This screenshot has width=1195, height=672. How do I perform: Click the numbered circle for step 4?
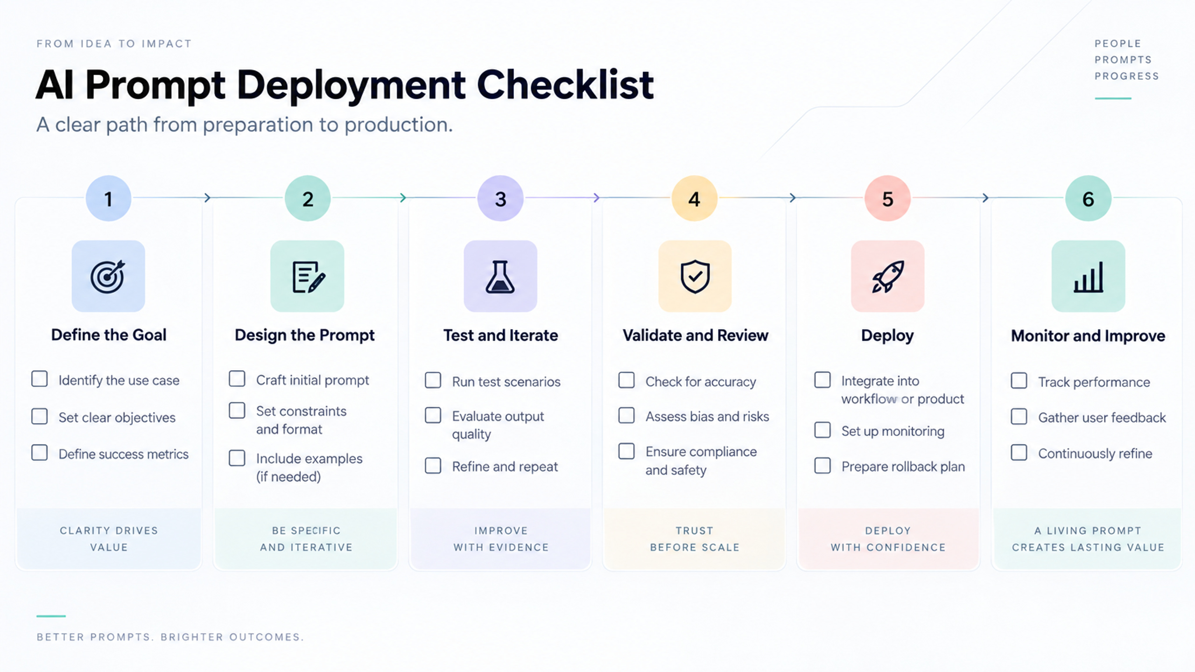pos(694,198)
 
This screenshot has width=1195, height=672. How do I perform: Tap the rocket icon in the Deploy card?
pos(888,277)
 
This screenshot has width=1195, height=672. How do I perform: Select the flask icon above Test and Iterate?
pos(500,277)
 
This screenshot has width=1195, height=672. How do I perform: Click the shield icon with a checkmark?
pos(695,276)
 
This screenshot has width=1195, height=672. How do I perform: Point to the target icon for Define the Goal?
pos(108,276)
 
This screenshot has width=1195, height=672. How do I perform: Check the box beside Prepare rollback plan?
pos(822,466)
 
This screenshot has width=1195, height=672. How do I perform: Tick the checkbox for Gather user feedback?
pos(1019,416)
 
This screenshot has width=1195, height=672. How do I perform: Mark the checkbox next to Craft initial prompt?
pos(237,378)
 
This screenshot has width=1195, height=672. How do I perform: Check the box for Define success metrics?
pos(40,453)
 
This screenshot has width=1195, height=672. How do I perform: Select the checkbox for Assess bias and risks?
pos(626,415)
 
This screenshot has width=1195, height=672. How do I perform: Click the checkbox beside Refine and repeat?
pos(433,465)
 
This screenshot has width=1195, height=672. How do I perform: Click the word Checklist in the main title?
pos(565,85)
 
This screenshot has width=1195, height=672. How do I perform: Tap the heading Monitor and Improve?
pos(1088,336)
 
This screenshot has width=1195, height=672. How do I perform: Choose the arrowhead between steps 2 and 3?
pos(403,198)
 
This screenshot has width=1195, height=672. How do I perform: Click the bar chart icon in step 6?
pos(1089,277)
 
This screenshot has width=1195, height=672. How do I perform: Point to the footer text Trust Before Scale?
pos(695,539)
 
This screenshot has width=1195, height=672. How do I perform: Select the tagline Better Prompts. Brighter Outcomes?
pos(170,637)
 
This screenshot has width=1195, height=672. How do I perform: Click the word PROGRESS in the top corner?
pos(1127,76)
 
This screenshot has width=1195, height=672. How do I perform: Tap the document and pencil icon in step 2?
pos(309,277)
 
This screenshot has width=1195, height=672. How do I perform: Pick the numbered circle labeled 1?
pos(108,198)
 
